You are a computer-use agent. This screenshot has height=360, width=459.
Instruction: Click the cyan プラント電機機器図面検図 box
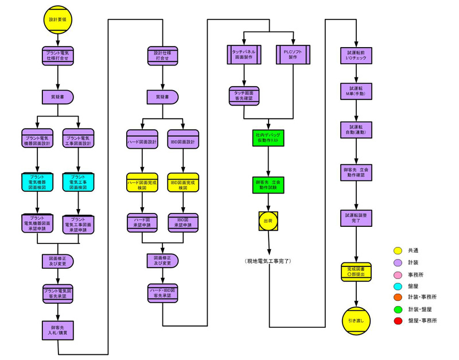click(37, 181)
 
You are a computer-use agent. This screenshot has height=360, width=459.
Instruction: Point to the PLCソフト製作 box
click(293, 55)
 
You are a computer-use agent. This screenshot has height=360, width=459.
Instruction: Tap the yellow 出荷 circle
click(268, 220)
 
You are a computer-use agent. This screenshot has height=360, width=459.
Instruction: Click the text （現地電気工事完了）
click(268, 262)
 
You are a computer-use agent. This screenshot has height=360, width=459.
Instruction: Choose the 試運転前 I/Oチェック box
click(356, 55)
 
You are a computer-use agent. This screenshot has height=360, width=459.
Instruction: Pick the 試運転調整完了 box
click(356, 218)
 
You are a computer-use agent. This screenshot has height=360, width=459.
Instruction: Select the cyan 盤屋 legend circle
click(398, 286)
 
